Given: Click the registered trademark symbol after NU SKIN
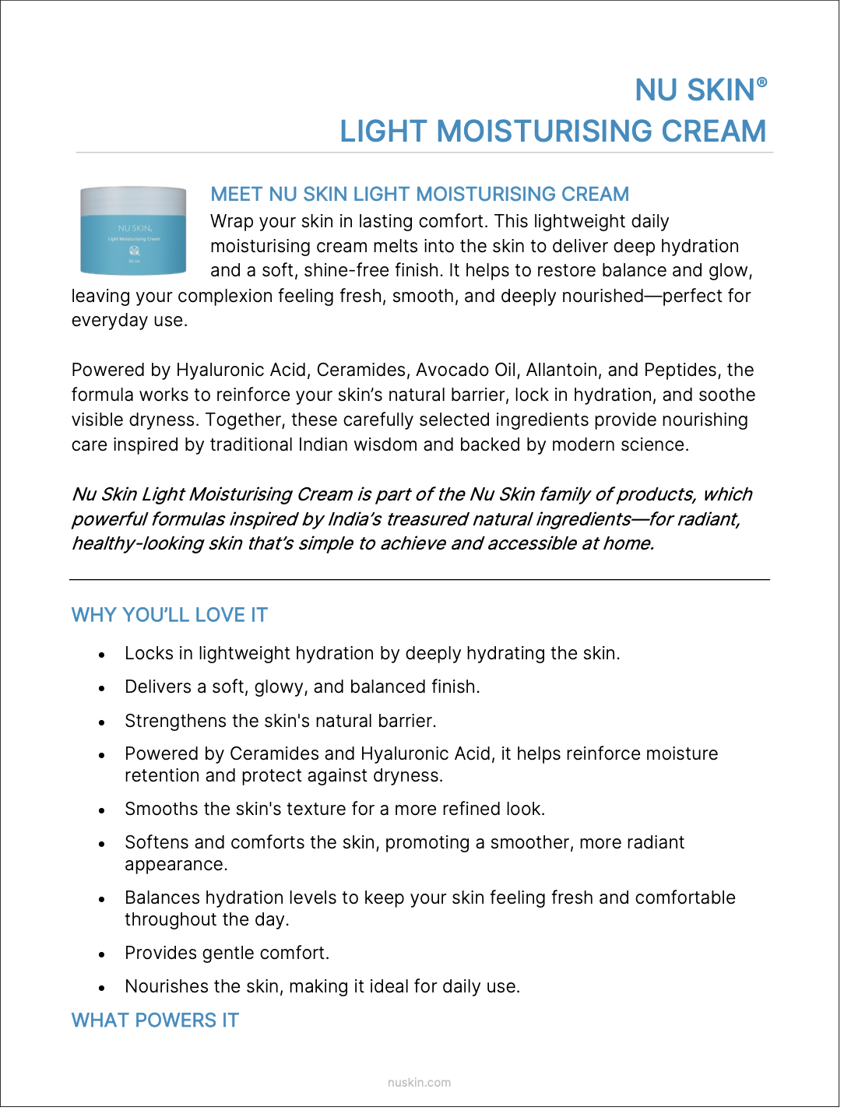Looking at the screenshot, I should tap(761, 82).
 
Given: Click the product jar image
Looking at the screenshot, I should tap(133, 230).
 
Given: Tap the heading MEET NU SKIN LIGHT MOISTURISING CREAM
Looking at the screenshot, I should tap(420, 194).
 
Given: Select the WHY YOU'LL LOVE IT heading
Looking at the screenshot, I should tap(170, 615).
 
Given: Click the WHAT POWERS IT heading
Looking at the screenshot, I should tap(155, 1020).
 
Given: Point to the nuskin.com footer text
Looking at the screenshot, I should tap(419, 1082).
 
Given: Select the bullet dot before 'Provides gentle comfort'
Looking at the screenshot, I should tap(102, 954).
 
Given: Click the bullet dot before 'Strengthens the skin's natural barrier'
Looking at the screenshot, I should tap(102, 722).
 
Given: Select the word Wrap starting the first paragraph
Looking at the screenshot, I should tap(231, 221).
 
